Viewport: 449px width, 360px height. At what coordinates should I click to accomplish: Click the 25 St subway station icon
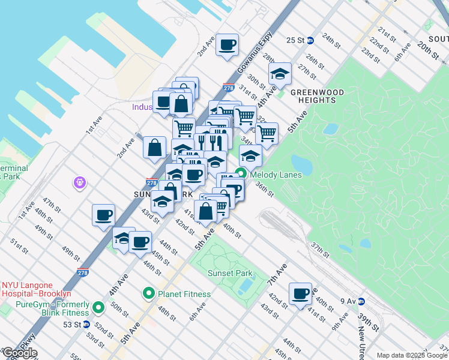[310, 41]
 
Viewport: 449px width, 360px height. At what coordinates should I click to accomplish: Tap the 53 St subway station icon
[86, 324]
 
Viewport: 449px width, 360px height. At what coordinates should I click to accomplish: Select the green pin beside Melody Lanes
[241, 175]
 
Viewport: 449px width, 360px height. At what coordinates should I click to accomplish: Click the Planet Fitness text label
[184, 294]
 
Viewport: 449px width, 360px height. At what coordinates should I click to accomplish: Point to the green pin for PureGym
[99, 309]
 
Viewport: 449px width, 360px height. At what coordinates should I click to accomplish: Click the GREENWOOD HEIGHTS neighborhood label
[317, 96]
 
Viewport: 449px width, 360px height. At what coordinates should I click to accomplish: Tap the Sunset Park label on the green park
[230, 274]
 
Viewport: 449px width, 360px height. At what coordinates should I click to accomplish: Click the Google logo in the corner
[19, 353]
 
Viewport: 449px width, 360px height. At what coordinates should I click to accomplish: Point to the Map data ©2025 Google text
[411, 355]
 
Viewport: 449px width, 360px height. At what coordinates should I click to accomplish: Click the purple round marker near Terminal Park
[79, 182]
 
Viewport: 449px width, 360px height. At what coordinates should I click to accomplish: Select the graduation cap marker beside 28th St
[280, 74]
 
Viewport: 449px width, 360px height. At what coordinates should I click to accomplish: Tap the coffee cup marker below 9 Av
[300, 294]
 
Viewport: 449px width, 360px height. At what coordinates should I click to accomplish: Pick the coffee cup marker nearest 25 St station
[228, 45]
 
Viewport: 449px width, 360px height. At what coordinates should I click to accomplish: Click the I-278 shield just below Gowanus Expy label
[228, 88]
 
